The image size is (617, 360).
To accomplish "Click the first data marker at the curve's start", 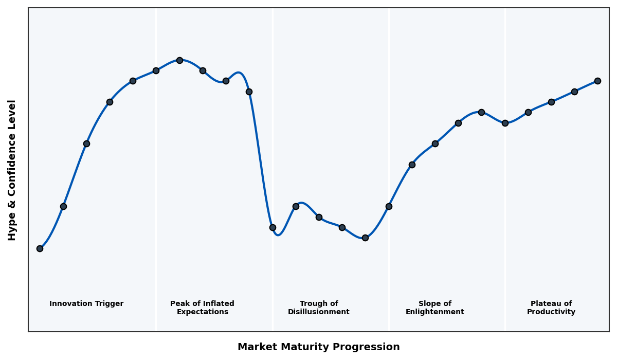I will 40,248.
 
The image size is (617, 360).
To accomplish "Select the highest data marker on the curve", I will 179,60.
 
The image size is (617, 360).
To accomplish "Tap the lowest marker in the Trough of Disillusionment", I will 365,238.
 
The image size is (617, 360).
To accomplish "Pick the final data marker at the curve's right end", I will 597,81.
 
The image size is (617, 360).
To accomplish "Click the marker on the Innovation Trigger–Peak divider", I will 156,70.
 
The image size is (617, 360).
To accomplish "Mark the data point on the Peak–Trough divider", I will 273,227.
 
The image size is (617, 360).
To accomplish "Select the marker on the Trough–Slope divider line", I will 389,206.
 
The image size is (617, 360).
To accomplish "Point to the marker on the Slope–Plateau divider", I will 505,123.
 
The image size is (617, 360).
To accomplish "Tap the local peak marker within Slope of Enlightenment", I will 481,112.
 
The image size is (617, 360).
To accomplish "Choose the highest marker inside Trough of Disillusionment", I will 296,206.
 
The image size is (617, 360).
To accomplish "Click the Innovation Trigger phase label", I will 86,304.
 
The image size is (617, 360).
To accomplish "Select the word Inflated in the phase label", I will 212,304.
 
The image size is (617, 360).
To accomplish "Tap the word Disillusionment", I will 319,312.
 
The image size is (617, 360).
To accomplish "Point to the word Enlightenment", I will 435,312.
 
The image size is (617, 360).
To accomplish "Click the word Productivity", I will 551,312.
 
